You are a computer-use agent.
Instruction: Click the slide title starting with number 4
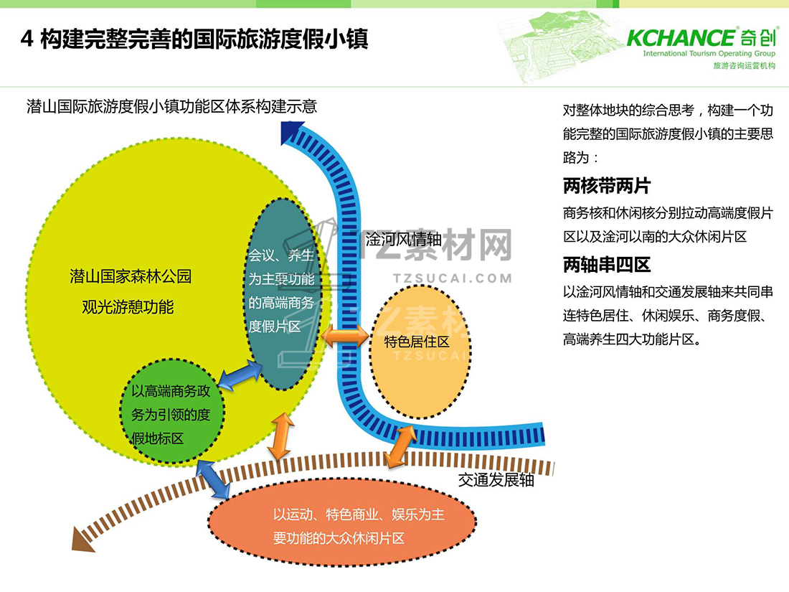point(194,39)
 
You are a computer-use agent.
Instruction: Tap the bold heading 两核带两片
point(606,187)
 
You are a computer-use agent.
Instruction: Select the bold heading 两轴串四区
point(606,265)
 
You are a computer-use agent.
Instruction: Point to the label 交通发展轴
point(496,479)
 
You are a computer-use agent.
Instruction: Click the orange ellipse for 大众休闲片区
point(341,526)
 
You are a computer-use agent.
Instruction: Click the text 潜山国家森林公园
point(131,276)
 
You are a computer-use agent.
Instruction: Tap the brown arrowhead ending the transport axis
point(82,539)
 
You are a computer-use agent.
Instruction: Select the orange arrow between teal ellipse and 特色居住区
point(344,335)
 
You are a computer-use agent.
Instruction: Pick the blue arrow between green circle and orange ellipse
point(214,479)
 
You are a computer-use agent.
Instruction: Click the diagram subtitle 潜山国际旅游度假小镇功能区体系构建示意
point(172,107)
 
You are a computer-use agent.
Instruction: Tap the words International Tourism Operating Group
point(708,54)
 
